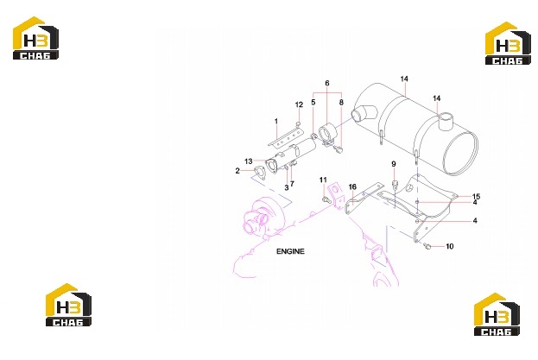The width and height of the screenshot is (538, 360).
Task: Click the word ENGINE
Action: [x=290, y=251]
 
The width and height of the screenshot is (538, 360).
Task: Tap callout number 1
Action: [x=276, y=121]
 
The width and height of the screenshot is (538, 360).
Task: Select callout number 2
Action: [x=237, y=170]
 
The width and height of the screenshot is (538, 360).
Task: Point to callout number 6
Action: [x=327, y=83]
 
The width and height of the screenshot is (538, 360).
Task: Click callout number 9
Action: [x=394, y=164]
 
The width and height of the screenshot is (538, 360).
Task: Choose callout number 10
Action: [x=449, y=246]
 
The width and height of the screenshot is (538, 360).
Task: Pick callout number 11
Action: [x=323, y=180]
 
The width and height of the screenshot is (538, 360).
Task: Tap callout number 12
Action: [x=299, y=104]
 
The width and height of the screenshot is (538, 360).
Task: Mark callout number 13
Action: [x=249, y=161]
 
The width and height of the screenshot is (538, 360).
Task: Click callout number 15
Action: [x=476, y=196]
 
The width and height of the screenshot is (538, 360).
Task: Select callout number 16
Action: [x=352, y=186]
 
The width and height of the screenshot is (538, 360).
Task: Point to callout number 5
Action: [x=313, y=102]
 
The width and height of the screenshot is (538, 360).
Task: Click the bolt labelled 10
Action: [x=427, y=245]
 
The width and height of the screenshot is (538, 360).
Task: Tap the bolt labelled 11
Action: [x=326, y=199]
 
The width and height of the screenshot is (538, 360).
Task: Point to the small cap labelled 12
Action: [x=299, y=123]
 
